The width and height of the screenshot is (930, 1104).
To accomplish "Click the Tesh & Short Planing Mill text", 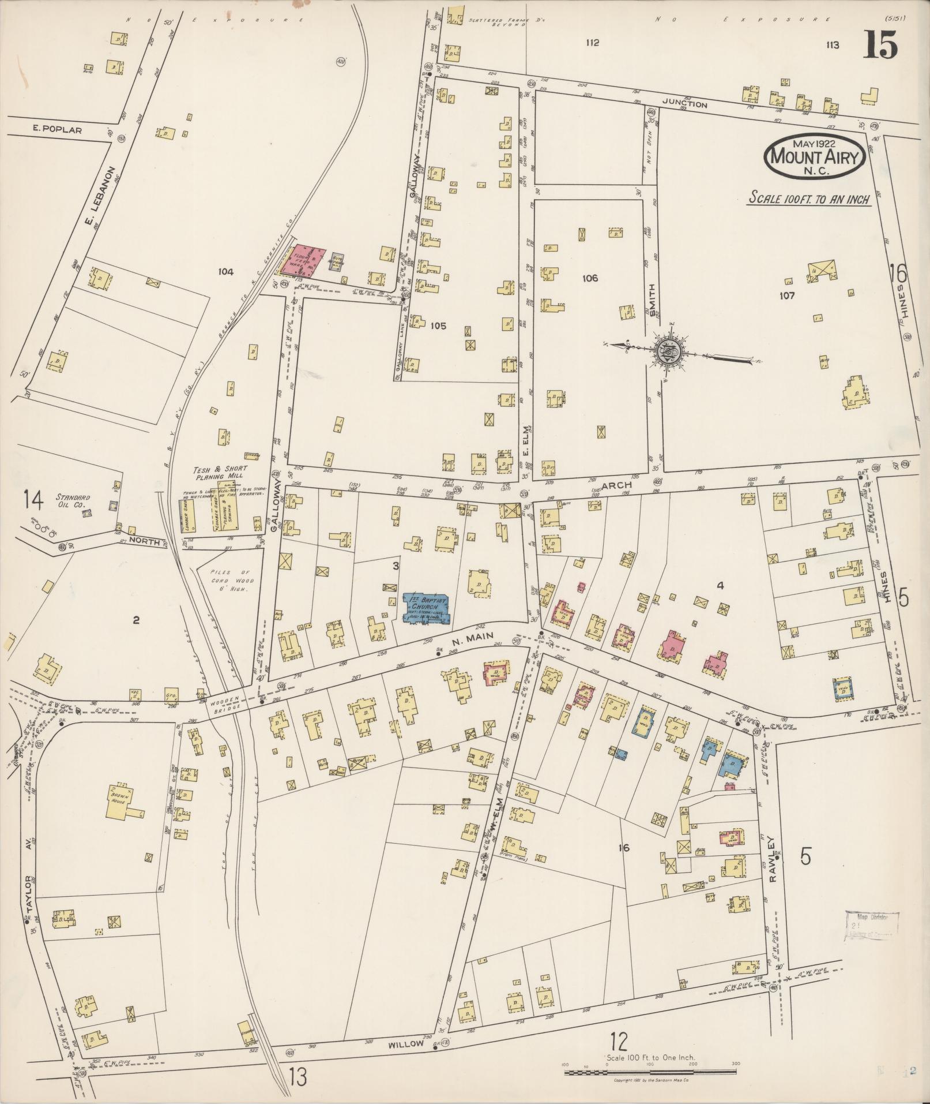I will pyautogui.click(x=219, y=472).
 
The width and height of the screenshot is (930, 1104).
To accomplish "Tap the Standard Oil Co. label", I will pyautogui.click(x=70, y=500).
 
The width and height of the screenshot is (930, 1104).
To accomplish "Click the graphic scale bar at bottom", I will pyautogui.click(x=650, y=1072).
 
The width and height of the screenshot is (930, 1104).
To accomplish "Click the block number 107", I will pyautogui.click(x=786, y=296).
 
